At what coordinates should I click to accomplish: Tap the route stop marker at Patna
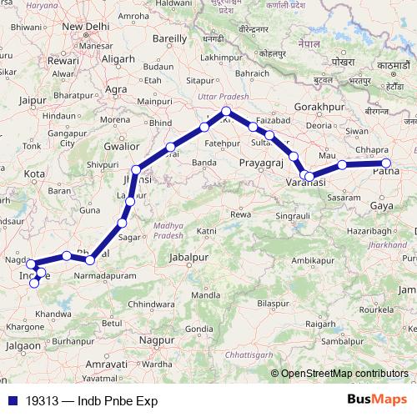(386, 163)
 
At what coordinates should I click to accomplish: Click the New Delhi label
(87, 27)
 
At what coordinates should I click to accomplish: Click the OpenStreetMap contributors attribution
(344, 374)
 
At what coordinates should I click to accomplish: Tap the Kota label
(33, 173)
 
